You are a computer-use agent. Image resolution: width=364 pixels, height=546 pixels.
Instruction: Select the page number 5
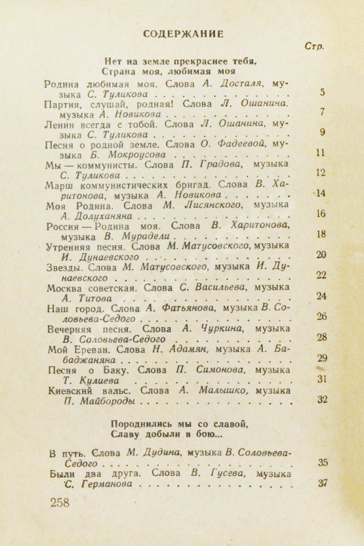click(x=321, y=92)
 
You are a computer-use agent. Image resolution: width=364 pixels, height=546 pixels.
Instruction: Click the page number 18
click(x=321, y=234)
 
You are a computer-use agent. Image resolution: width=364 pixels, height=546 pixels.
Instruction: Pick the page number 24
click(x=321, y=296)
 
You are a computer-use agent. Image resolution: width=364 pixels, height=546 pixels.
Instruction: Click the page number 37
click(x=322, y=483)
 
